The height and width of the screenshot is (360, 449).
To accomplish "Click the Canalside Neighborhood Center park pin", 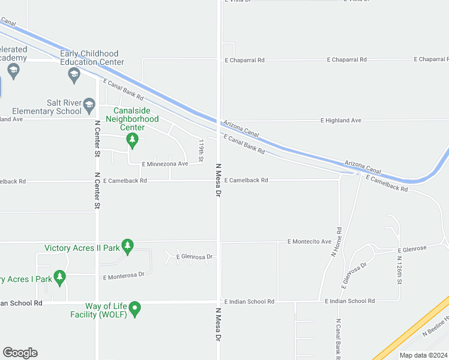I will pos(132,140).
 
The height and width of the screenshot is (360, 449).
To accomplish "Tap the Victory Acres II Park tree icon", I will pos(127,245).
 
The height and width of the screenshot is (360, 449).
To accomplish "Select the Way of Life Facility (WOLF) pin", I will pos(135,308).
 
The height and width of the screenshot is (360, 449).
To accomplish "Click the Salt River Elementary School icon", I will pos(89,105).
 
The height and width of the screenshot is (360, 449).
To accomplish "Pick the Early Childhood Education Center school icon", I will pos(74,74).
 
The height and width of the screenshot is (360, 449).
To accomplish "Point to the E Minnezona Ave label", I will pos(165,164).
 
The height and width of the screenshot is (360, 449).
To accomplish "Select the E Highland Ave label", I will pos(343,121).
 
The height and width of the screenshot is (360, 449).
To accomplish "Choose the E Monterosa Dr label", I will pos(124,275).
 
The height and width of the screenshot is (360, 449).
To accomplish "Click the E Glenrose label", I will pos(412,249).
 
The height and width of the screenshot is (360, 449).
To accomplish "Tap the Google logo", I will pos(20,353).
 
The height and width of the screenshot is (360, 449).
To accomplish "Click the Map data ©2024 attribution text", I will pos(423,355).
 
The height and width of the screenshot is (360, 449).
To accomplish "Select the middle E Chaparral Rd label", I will pos(347,60).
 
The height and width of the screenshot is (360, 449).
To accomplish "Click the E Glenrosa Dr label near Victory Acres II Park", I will pos(195,257).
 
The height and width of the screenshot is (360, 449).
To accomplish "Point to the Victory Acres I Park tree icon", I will pos(59,277).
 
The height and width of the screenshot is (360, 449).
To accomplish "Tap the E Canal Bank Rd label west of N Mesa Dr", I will pos(123,89).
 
